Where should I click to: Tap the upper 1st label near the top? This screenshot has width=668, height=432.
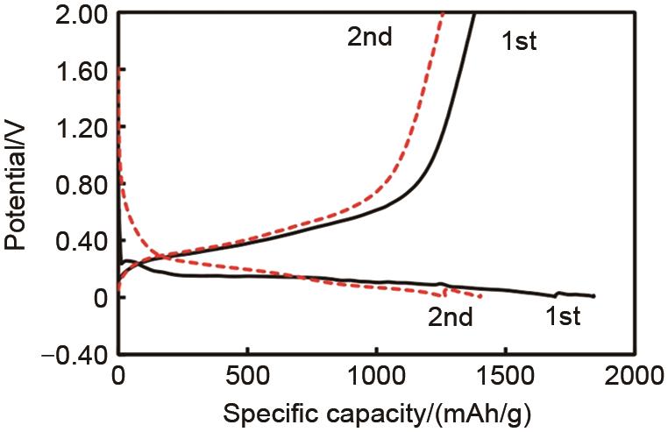click(x=518, y=41)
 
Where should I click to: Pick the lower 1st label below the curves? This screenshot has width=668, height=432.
click(x=558, y=316)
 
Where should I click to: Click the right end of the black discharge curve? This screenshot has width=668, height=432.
click(x=594, y=297)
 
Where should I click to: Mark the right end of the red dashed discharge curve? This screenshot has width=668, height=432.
click(x=481, y=297)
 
